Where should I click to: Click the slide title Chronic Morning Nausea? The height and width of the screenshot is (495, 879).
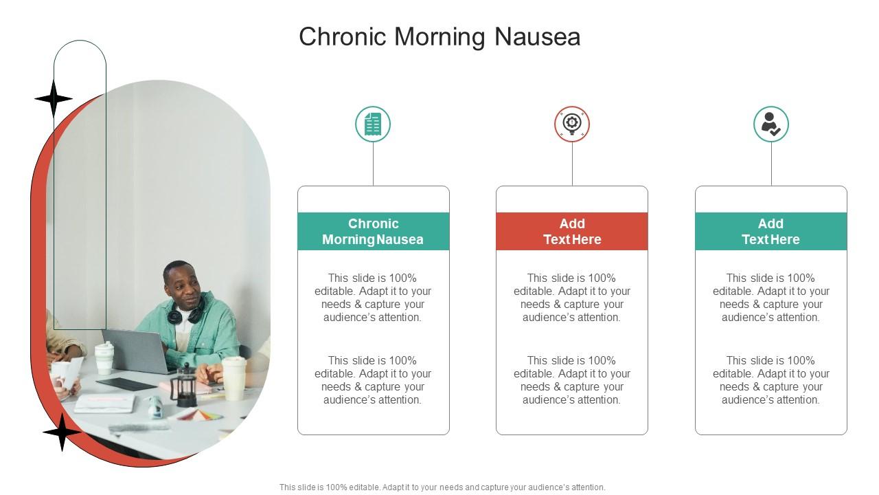tap(439, 36)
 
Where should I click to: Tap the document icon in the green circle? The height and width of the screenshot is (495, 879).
tap(373, 124)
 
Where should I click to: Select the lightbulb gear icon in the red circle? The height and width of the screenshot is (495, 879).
tap(572, 124)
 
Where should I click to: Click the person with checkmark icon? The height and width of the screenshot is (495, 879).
tap(770, 124)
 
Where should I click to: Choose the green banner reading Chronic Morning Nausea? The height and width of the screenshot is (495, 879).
tap(373, 232)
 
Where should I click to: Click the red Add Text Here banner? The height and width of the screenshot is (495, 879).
tap(572, 232)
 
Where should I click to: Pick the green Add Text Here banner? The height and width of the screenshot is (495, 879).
tap(770, 232)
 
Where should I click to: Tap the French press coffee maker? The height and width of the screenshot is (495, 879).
tap(183, 384)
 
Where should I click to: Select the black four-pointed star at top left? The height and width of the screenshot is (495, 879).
tap(54, 98)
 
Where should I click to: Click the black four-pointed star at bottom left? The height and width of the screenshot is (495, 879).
tap(62, 432)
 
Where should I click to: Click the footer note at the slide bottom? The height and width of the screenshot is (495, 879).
tap(442, 487)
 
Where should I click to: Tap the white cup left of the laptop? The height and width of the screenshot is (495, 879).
tap(104, 357)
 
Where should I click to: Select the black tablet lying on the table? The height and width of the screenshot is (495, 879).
tap(126, 384)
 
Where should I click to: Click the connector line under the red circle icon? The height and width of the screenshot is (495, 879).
tap(572, 164)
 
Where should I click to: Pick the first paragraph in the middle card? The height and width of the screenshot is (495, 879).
tap(572, 298)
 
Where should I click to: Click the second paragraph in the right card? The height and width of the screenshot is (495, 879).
tap(770, 380)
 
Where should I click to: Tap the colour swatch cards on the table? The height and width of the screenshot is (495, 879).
tap(199, 415)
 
